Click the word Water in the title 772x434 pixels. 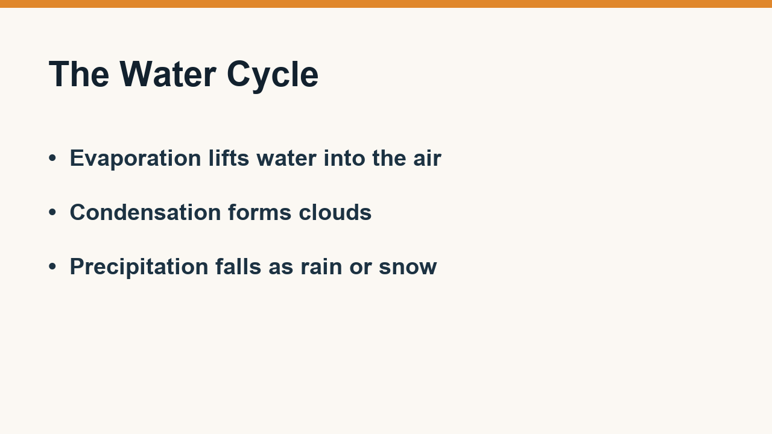[x=168, y=74]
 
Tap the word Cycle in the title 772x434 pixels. [x=273, y=77]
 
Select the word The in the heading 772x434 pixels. [x=79, y=74]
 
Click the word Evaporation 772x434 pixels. [x=136, y=159]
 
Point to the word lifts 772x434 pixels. [x=229, y=158]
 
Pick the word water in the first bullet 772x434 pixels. [x=286, y=159]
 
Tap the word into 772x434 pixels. [x=344, y=158]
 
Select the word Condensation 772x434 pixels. [x=145, y=212]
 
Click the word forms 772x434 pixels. [x=260, y=212]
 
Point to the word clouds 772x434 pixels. [x=335, y=212]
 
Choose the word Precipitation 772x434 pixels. [x=139, y=267]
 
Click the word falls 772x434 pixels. [x=238, y=266]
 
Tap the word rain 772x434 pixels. [x=321, y=266]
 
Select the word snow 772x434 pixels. [x=408, y=267]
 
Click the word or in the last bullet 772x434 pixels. [x=361, y=268]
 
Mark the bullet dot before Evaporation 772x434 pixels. [x=52, y=159]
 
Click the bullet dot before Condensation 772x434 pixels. [x=52, y=212]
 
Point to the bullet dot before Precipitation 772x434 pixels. [x=52, y=266]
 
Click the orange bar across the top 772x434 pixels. [x=386, y=4]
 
